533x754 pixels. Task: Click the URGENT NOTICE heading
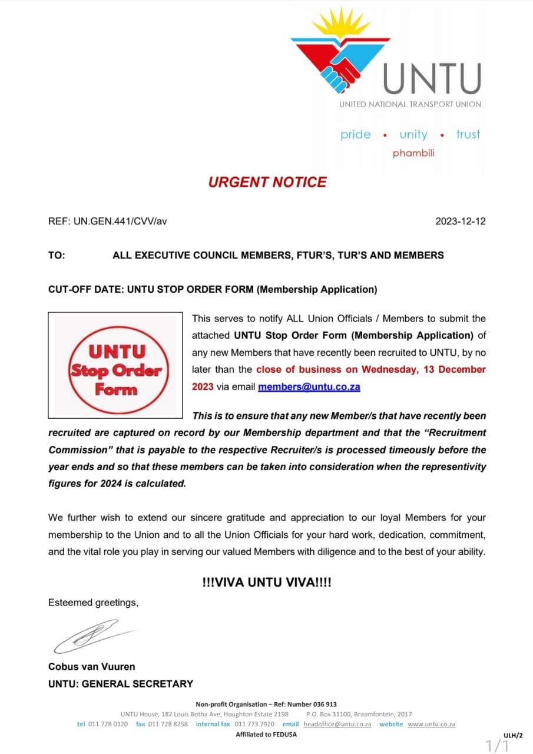[267, 182]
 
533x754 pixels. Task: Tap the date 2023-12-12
[460, 221]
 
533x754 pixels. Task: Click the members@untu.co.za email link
[309, 387]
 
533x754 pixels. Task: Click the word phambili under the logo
[413, 153]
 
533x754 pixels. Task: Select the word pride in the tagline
[356, 134]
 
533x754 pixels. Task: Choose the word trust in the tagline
[468, 134]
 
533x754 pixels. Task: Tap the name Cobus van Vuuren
[91, 667]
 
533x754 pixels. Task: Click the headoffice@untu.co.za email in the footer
[337, 724]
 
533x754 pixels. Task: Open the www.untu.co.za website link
[431, 724]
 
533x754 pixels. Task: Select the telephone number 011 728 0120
[108, 724]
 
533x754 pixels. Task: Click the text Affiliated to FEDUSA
[266, 735]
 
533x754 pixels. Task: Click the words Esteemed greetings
[93, 603]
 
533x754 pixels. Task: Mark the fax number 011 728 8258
[168, 724]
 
